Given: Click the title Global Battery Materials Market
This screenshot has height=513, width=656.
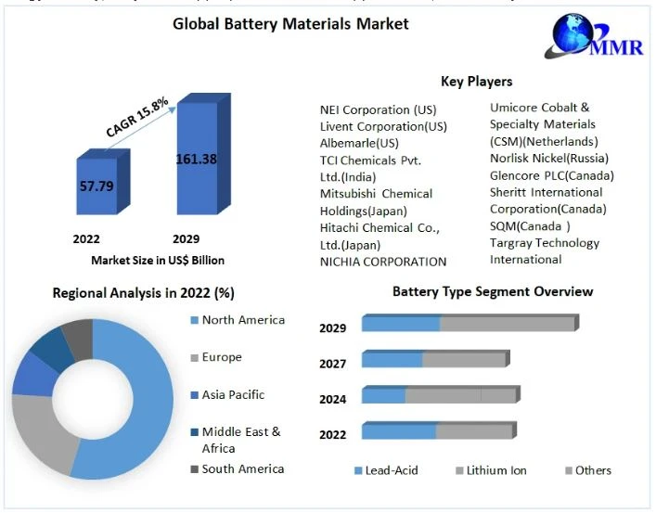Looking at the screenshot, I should (x=290, y=24).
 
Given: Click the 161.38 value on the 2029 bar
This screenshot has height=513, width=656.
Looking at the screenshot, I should (x=196, y=159).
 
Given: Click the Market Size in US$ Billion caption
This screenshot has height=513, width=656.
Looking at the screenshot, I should (x=158, y=261).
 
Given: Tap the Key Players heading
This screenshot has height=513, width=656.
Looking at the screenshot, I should (x=476, y=82).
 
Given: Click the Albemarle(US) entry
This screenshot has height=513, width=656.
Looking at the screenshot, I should (x=359, y=143).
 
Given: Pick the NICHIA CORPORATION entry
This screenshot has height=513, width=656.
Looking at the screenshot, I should (x=383, y=262).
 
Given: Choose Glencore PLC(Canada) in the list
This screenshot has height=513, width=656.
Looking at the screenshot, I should (x=552, y=175).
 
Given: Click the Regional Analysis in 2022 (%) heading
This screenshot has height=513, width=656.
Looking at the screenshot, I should (x=144, y=293).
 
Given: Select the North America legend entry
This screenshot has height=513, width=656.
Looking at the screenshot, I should (x=243, y=320).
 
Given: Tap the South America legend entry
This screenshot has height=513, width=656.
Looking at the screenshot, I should (x=242, y=468).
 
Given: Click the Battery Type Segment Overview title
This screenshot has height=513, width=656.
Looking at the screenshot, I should (x=492, y=291).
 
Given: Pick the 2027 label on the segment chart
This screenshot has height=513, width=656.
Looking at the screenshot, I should (x=333, y=364).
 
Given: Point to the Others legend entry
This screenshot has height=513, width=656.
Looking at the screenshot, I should (x=593, y=470).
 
